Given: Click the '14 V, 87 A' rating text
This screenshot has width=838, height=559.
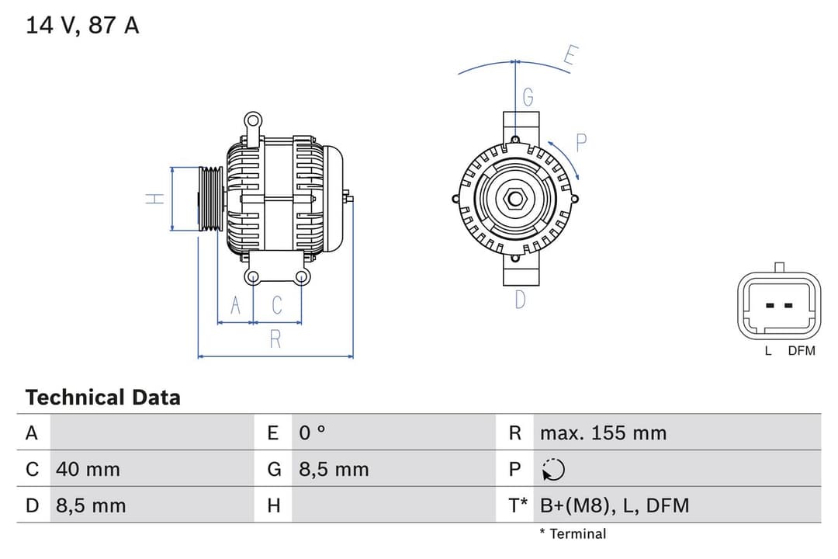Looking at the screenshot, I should coord(82,25).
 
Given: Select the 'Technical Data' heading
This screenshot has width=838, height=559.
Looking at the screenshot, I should coord(102,398).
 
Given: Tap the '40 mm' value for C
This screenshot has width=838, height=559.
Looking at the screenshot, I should coord(88,469).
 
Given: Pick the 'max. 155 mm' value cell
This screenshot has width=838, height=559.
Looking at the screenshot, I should coord(603,432).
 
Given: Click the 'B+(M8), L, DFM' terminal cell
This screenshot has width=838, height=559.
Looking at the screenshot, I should coord(614,505).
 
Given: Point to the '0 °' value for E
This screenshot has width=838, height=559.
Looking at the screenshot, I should coord(313,432).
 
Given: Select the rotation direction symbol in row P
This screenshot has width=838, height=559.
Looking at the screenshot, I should coord(553,469).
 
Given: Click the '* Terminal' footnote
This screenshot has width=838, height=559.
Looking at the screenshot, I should coord(573,533).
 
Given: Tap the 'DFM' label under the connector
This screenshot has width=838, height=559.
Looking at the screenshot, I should coord(802,351).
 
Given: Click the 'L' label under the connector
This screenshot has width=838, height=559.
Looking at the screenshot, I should coord(768,351).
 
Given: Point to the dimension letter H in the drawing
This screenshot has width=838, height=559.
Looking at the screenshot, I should coord(156,199).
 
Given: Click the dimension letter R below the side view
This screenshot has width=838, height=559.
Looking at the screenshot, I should coord(275,339).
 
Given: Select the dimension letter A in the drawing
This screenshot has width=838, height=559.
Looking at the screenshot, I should coord(237,306).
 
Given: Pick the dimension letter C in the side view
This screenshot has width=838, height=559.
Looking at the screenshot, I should coord(277,306).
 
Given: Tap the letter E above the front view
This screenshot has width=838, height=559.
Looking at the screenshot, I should coord(570,57).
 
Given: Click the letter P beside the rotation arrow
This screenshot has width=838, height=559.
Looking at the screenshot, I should coord(581,142).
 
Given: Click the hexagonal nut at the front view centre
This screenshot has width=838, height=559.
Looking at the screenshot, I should coord(515,200).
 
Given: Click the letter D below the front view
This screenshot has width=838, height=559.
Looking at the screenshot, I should coord(521,299).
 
